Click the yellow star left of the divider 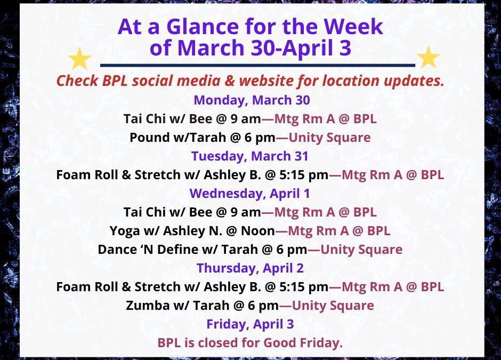point(80,59)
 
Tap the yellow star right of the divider point(428,58)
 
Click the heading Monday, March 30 point(252,100)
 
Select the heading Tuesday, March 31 point(249,156)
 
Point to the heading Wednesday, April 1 point(249,193)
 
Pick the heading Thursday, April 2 point(250,268)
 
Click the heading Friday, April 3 point(250,324)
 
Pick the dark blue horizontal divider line point(257,65)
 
